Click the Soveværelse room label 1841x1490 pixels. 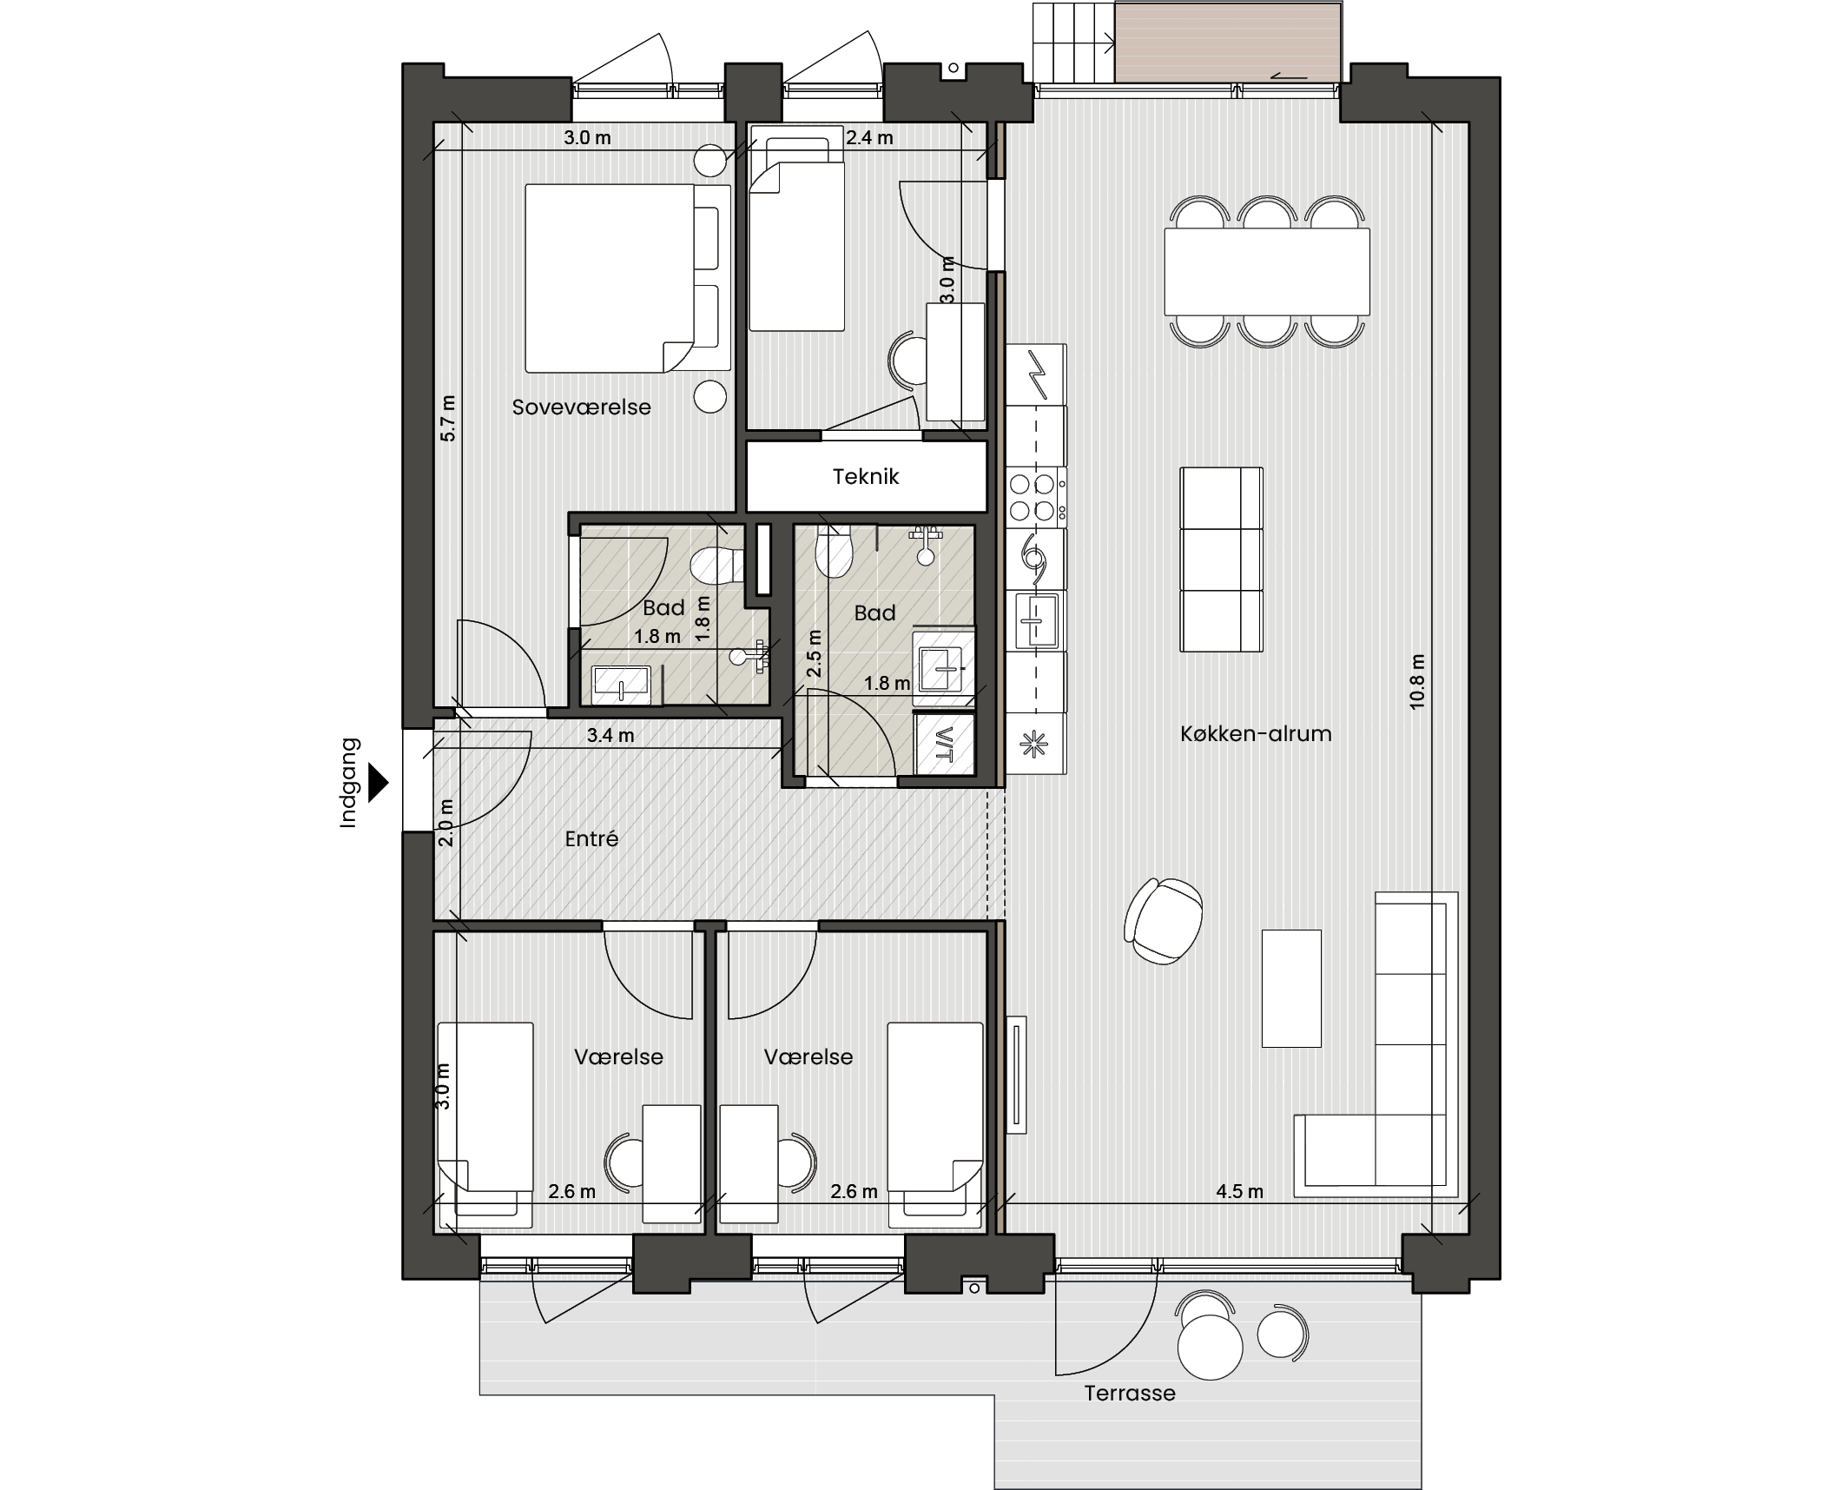click(x=581, y=407)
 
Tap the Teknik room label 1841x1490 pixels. click(x=866, y=476)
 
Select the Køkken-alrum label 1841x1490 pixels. click(x=1256, y=733)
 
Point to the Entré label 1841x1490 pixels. click(x=591, y=838)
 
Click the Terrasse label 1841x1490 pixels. click(x=1130, y=1393)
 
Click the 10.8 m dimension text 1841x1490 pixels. click(x=1417, y=682)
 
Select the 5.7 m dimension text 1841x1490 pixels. click(x=447, y=419)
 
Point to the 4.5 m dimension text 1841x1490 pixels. click(x=1239, y=1191)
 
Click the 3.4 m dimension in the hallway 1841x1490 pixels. click(x=610, y=735)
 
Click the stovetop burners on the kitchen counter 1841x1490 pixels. click(x=1033, y=497)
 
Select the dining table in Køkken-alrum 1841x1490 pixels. click(x=1267, y=271)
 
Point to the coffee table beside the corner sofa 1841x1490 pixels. click(x=1291, y=989)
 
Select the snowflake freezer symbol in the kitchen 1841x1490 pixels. click(x=1034, y=744)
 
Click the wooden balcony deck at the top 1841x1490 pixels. click(x=1228, y=43)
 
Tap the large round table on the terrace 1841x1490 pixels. click(x=1210, y=1347)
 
